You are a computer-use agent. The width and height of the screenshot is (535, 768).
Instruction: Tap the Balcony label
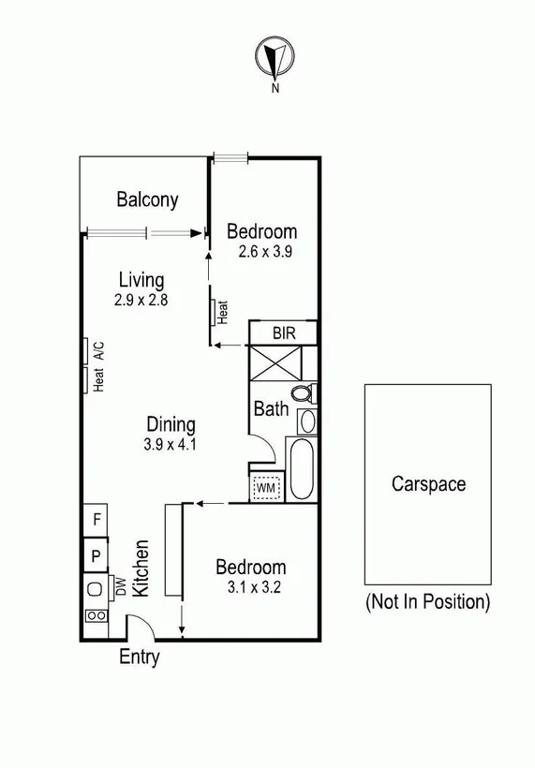[147, 199]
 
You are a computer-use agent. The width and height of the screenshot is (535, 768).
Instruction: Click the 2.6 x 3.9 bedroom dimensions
[262, 250]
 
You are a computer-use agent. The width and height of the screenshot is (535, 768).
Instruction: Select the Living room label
[141, 279]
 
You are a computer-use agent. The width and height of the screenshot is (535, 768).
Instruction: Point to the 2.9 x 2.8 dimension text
[139, 301]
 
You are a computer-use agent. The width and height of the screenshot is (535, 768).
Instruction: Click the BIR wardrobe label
[283, 332]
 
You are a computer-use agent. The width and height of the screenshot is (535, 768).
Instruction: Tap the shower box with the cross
[271, 362]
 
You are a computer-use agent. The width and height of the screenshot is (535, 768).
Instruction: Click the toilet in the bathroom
[303, 392]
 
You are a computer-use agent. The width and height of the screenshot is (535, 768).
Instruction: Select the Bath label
[270, 409]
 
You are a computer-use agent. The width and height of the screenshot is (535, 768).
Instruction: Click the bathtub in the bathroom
[304, 468]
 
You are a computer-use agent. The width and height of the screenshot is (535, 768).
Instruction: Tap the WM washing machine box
[265, 487]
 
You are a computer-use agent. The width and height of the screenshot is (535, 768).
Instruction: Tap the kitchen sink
[95, 589]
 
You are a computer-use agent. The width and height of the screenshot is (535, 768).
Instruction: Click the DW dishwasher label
[120, 586]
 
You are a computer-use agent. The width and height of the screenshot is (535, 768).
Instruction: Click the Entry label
[139, 657]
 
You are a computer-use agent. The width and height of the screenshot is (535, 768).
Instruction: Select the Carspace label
[428, 484]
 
